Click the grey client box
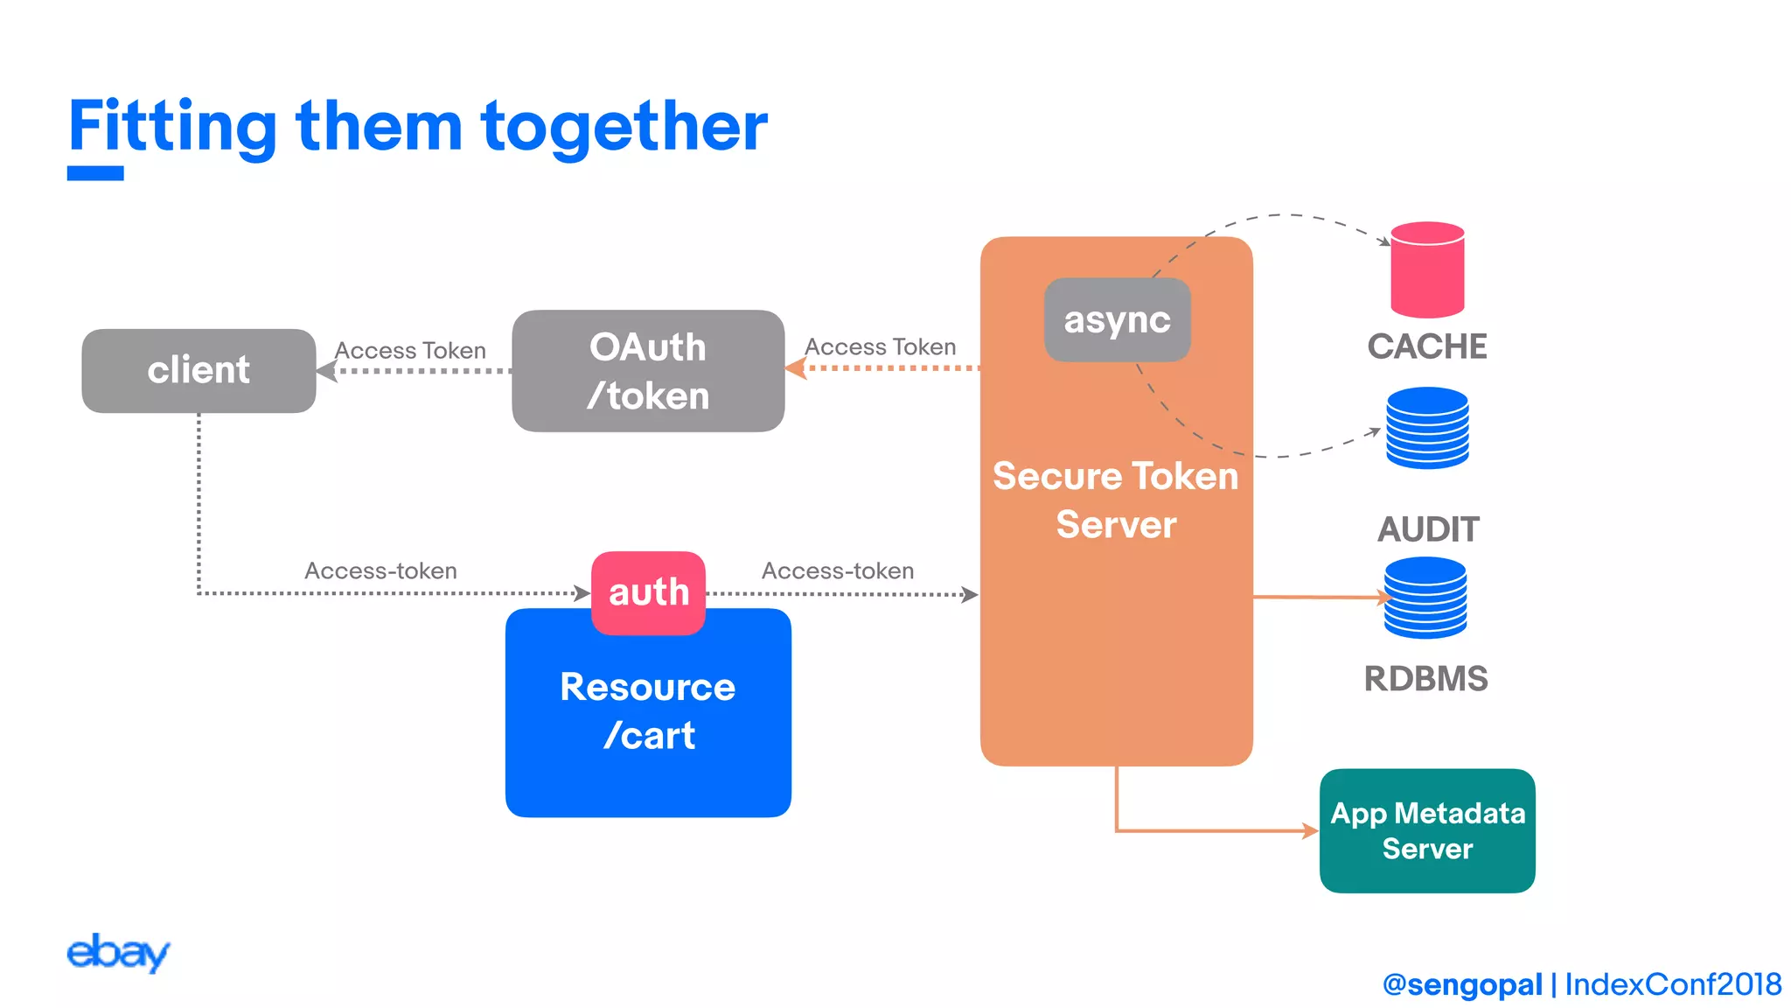point(199,370)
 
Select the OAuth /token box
point(648,371)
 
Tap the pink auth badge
point(648,592)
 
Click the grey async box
point(1117,319)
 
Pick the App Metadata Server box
point(1427,830)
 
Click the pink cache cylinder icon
point(1427,269)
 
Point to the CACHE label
point(1427,346)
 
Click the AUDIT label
point(1428,529)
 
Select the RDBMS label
point(1425,679)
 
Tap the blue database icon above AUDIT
point(1427,428)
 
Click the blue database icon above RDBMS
point(1425,598)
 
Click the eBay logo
point(118,952)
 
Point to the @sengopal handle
point(1462,984)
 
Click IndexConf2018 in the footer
point(1672,984)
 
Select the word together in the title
point(624,127)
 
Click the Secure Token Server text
point(1116,500)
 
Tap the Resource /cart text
point(648,710)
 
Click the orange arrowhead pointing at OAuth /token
point(796,368)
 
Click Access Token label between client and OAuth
point(410,350)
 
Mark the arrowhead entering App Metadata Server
point(1310,830)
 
